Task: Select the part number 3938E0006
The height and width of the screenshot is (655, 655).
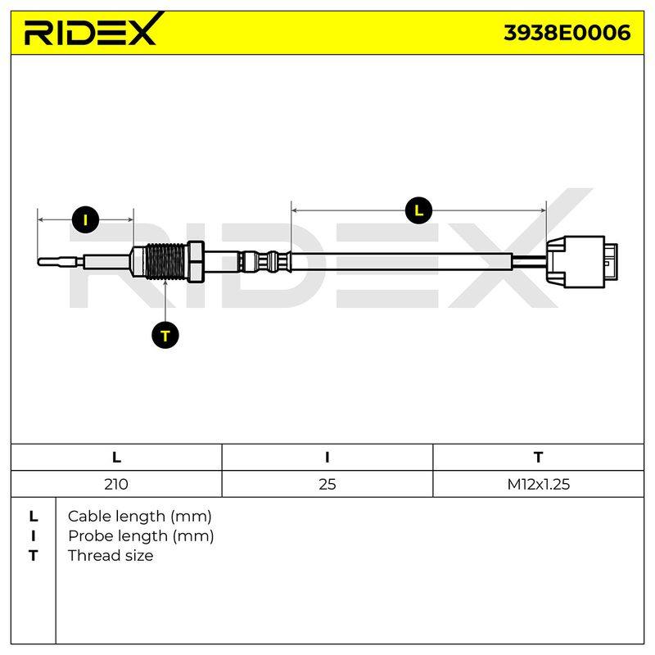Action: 567,33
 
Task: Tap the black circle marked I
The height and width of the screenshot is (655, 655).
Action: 85,219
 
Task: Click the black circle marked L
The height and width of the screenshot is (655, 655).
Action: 418,210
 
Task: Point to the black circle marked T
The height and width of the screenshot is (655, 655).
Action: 165,336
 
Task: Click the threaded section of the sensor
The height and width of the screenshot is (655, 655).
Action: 165,262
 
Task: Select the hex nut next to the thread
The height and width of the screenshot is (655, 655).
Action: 195,262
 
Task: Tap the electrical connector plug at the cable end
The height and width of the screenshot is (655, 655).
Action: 582,262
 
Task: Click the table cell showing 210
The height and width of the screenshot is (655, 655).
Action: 116,484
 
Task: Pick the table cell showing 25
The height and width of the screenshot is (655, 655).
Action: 327,484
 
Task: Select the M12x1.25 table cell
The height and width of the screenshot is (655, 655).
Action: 538,484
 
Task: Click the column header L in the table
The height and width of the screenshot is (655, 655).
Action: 116,458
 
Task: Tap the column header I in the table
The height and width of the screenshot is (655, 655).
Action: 327,458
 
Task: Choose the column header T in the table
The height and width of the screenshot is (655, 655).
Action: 538,458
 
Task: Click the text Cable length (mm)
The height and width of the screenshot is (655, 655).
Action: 139,517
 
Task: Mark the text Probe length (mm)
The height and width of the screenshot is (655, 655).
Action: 141,536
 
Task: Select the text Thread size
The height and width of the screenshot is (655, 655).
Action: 111,556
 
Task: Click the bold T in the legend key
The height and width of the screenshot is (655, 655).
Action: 34,556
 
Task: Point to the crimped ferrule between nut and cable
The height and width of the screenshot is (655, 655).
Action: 264,262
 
